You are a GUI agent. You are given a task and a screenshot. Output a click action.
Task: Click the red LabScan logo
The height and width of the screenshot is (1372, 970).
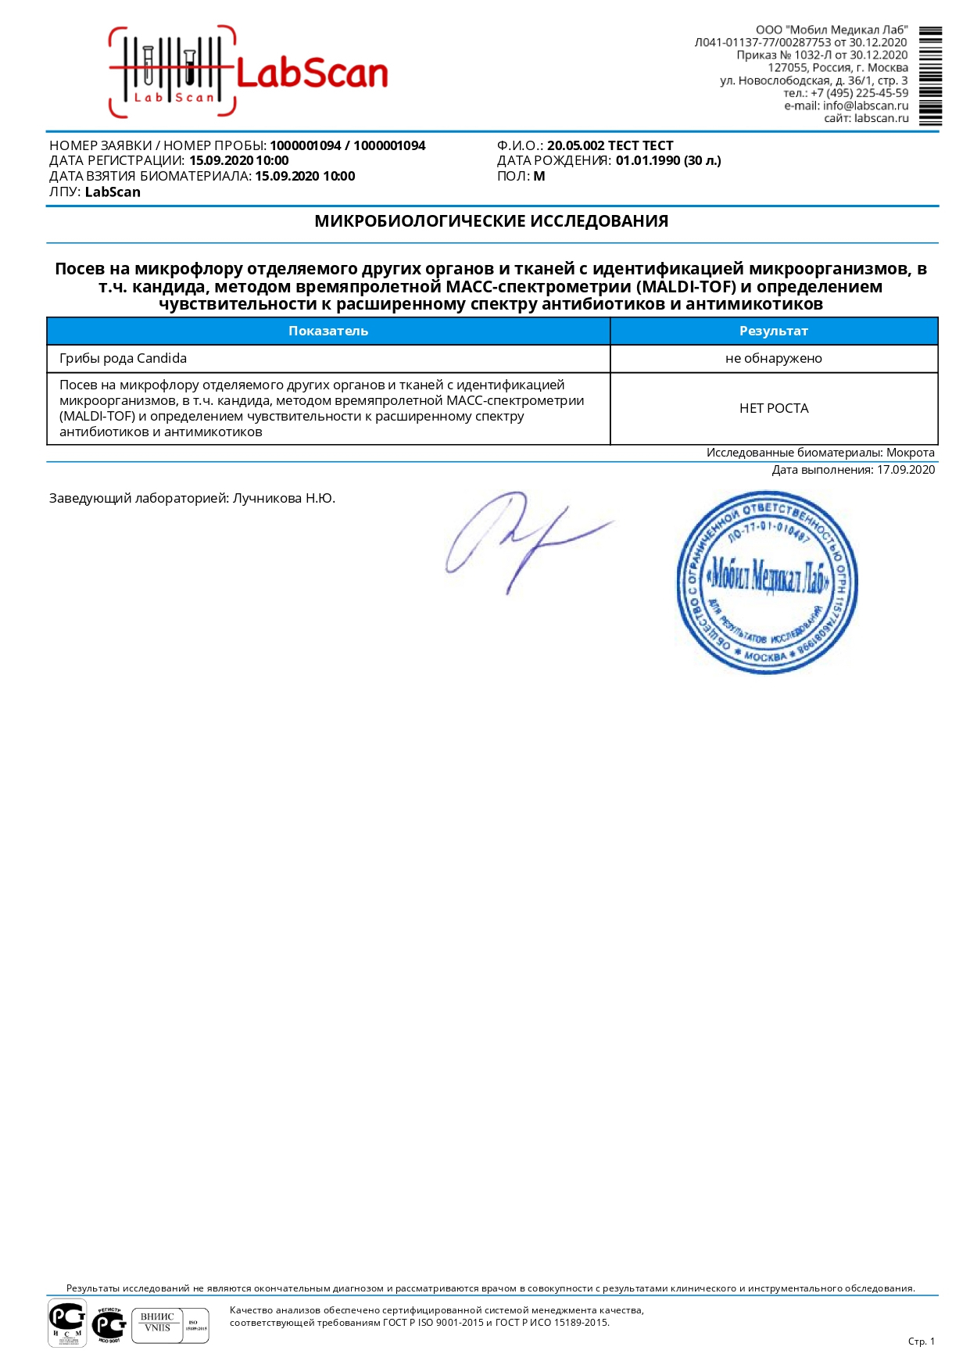(249, 73)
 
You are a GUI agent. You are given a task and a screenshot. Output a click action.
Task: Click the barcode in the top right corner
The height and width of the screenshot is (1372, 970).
(930, 77)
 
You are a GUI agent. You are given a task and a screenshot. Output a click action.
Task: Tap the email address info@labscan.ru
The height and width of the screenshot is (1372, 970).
(865, 106)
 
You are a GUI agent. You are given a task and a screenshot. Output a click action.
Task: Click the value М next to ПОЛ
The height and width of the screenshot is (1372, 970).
(539, 177)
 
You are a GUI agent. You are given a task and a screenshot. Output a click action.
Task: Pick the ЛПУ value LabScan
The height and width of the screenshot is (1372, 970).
(113, 192)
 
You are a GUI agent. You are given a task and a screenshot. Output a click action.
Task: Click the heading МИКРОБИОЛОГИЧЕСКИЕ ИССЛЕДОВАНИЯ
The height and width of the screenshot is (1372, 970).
(491, 221)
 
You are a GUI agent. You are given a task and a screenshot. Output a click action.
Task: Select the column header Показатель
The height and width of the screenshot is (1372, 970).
(328, 331)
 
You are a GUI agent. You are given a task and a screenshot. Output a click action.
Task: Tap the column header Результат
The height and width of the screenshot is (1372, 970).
(773, 331)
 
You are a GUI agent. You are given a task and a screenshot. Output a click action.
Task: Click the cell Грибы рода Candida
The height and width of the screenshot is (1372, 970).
(123, 359)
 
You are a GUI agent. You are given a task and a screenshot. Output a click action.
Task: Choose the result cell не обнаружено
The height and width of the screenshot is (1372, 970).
(773, 359)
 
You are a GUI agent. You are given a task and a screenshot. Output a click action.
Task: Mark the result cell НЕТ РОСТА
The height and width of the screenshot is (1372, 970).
(773, 408)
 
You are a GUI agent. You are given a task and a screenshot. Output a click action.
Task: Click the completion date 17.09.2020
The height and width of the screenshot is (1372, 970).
(906, 470)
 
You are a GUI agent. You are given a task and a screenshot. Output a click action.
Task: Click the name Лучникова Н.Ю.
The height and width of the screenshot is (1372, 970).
(284, 498)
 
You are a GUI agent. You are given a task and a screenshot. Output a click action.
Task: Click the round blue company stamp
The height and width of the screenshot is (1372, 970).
(767, 582)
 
